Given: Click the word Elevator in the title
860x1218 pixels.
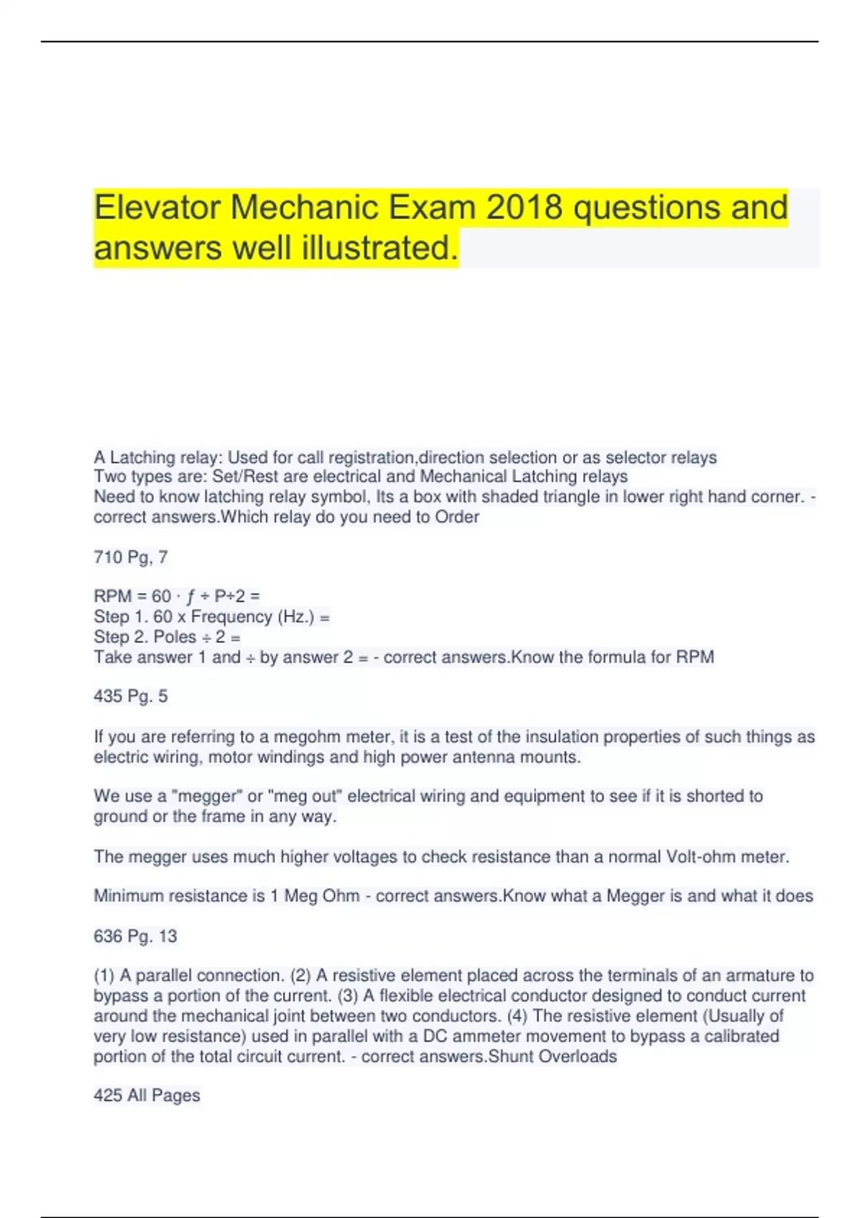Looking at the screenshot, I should click(x=157, y=208).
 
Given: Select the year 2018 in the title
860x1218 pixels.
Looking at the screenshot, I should click(x=524, y=208).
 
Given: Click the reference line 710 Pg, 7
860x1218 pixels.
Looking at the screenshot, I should click(x=130, y=557).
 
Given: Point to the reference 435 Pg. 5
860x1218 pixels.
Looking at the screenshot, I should click(x=130, y=696).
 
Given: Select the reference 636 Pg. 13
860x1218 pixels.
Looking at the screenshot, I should click(x=135, y=936).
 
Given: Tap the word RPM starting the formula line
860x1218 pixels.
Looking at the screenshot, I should click(x=113, y=596).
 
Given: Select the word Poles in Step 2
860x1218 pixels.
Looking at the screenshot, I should click(x=175, y=637).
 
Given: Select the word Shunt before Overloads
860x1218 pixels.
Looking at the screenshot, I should click(x=510, y=1056).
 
